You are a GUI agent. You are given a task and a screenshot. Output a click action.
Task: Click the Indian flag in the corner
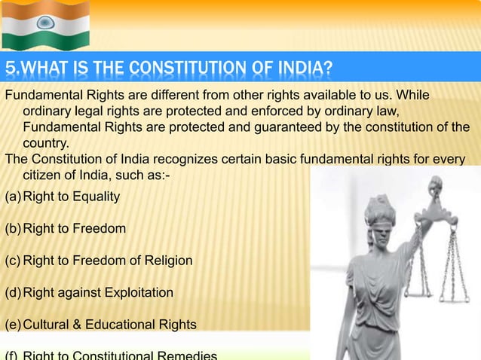click(x=45, y=25)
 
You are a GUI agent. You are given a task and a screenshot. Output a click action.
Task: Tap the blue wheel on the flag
click(x=45, y=23)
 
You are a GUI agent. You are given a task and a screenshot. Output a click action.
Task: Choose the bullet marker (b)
click(x=13, y=228)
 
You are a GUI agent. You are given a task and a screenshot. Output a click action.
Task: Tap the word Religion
click(x=164, y=261)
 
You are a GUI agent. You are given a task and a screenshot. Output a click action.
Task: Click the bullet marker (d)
click(x=13, y=292)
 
